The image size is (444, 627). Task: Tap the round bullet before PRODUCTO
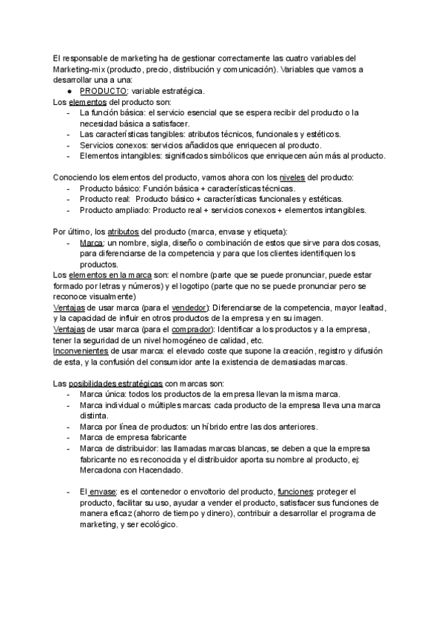coord(69,91)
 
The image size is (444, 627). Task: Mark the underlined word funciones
coord(295,492)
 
